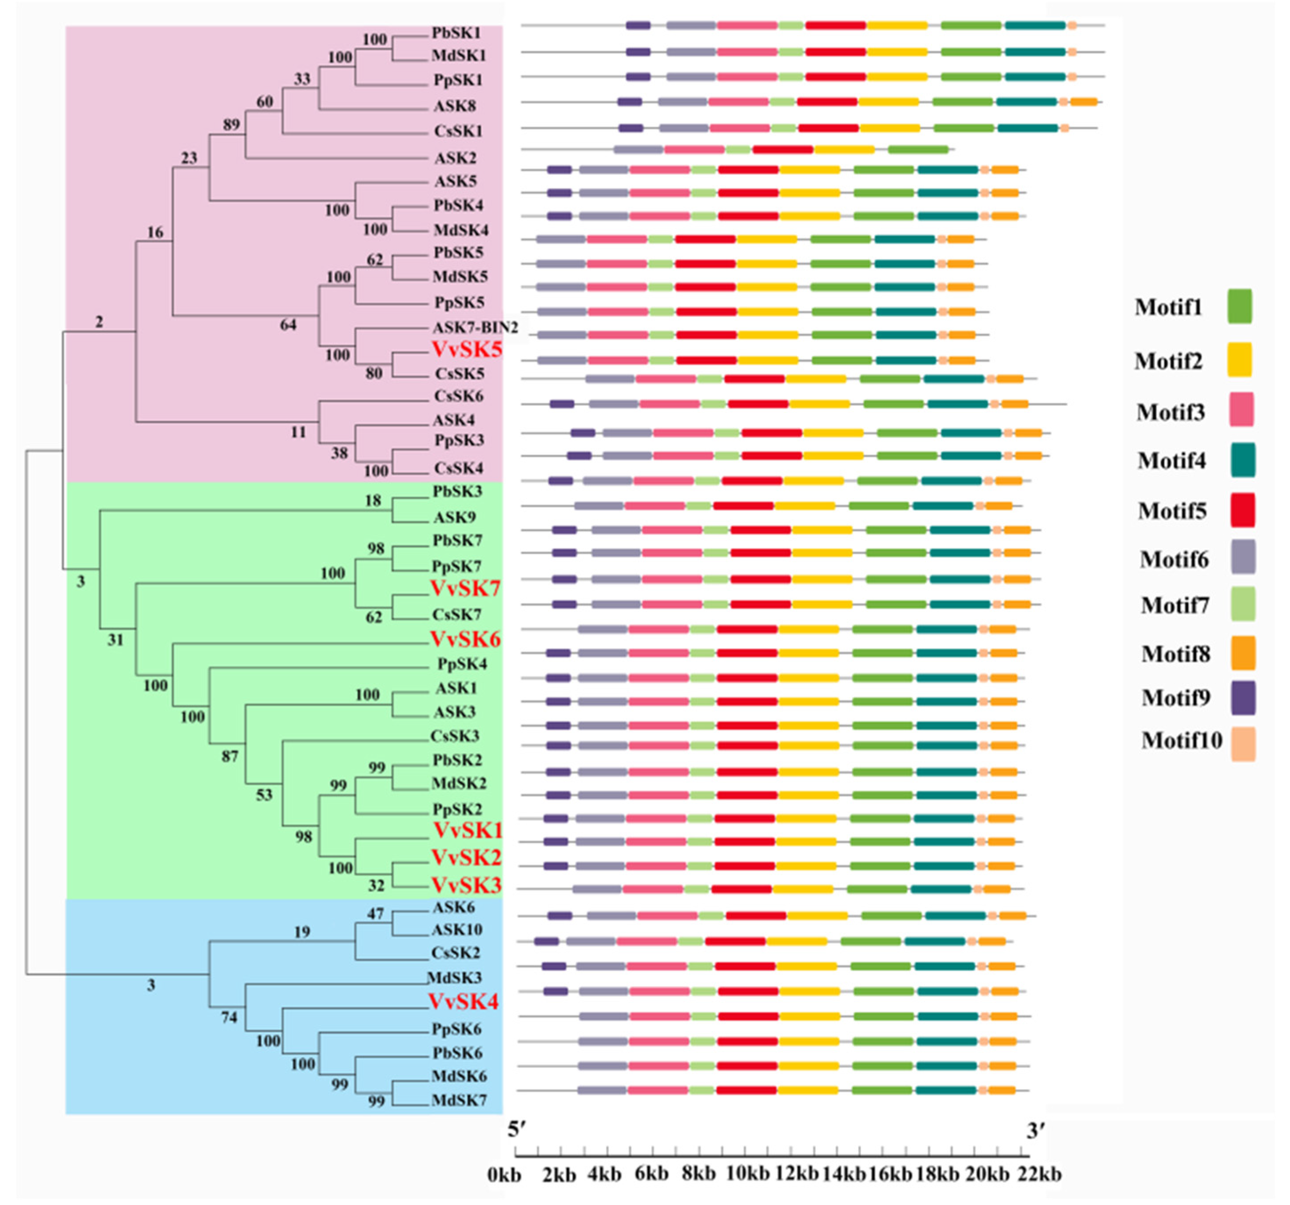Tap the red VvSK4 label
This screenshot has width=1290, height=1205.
pos(463,1001)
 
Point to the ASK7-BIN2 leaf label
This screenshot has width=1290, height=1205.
pos(475,327)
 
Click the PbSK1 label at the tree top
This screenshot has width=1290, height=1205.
pos(456,32)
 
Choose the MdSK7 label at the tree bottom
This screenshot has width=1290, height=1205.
pos(458,1100)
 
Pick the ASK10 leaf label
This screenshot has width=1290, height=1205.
pos(457,929)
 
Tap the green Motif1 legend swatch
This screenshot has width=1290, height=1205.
pos(1239,306)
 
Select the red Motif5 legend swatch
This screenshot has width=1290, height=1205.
pos(1242,510)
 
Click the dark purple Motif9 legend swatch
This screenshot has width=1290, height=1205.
pos(1242,698)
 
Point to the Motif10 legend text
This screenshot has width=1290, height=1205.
pos(1182,740)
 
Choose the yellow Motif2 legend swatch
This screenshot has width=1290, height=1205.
pos(1239,360)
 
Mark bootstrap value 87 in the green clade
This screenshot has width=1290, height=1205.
pos(230,756)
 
